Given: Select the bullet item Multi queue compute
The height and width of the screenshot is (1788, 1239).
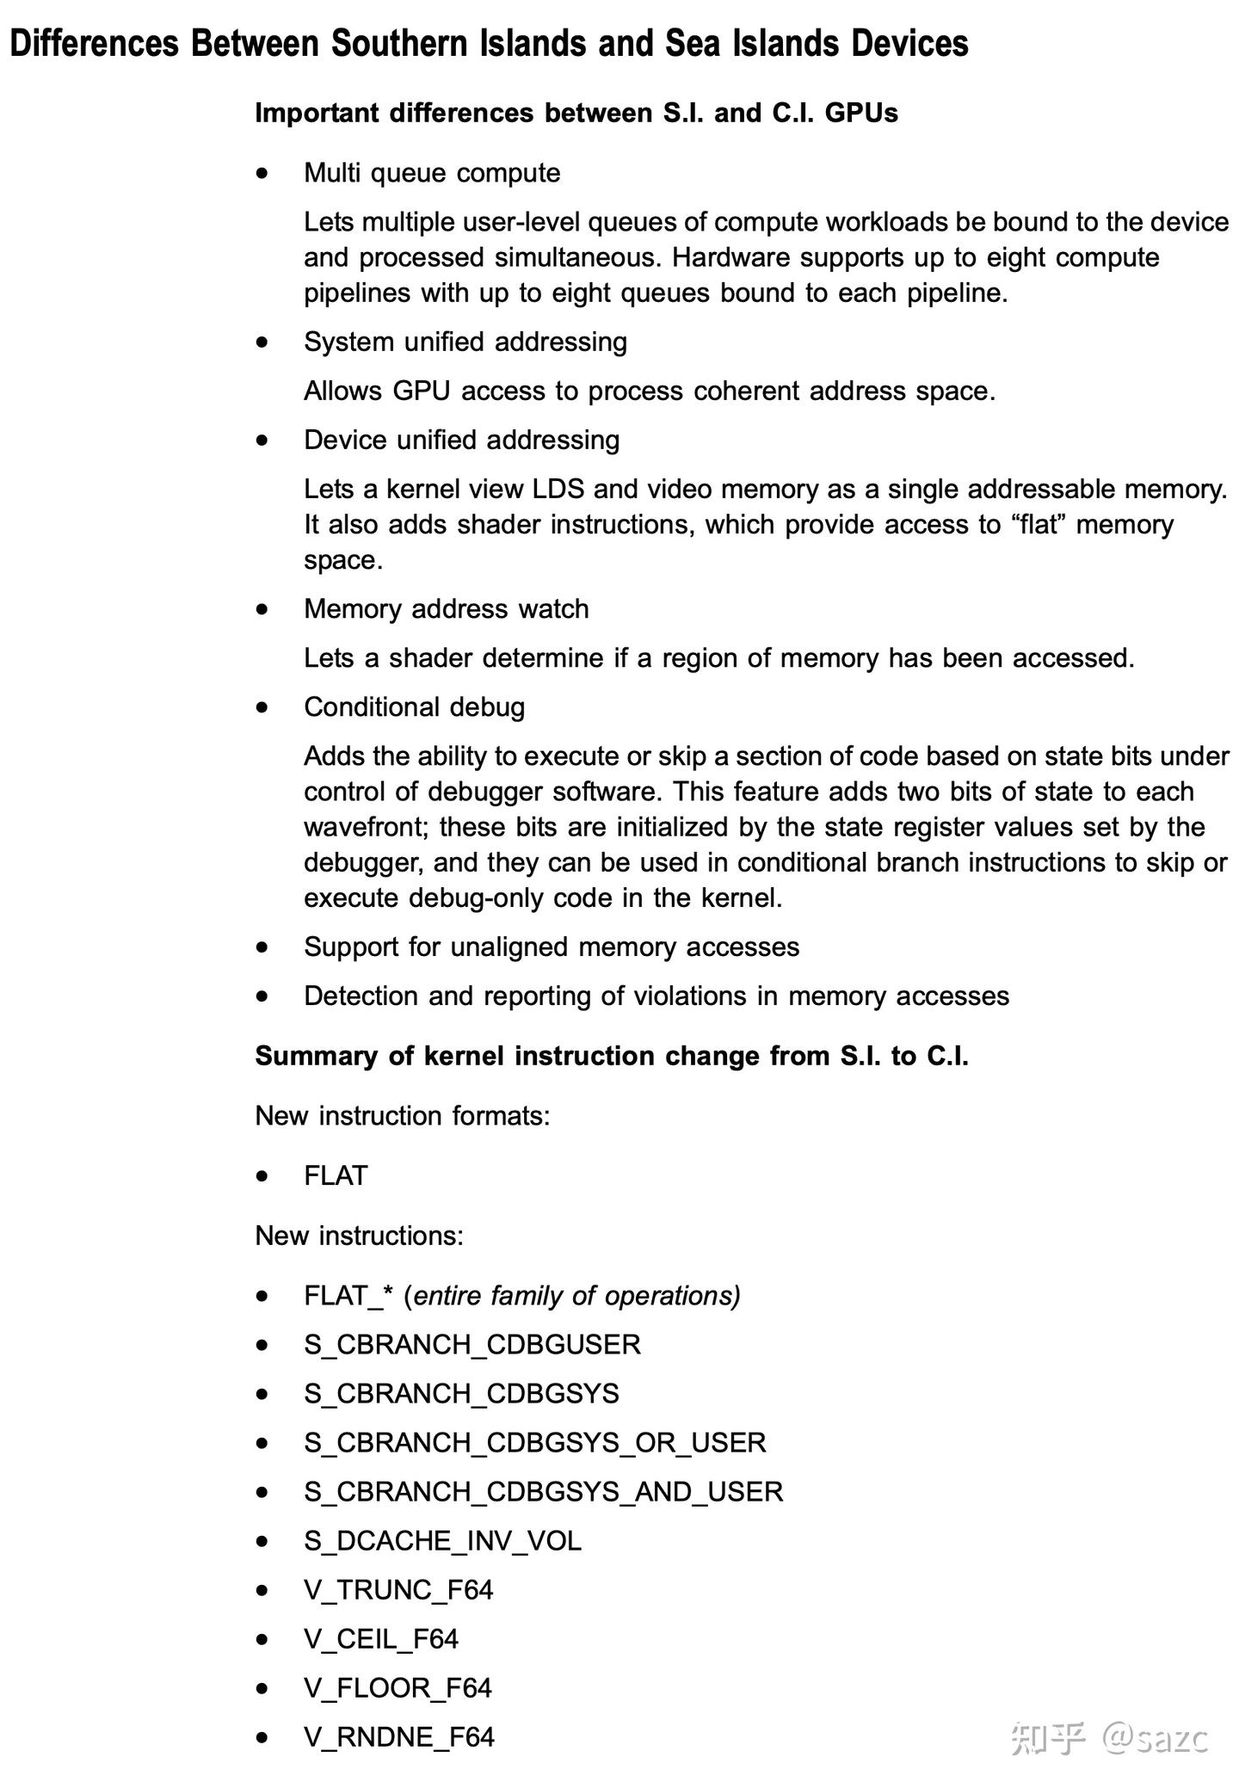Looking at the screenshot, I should [x=432, y=173].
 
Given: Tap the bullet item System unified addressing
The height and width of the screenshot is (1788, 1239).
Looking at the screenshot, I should [x=465, y=342].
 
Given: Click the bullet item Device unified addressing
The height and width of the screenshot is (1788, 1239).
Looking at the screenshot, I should [x=461, y=440].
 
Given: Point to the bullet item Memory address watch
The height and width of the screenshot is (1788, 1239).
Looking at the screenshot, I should [x=446, y=609].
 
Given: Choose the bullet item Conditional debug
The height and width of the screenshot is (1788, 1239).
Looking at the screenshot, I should [x=414, y=707].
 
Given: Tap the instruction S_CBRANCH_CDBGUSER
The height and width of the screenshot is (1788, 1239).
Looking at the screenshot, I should [x=472, y=1345].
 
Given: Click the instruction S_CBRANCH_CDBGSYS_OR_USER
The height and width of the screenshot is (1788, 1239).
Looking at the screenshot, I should [x=534, y=1443].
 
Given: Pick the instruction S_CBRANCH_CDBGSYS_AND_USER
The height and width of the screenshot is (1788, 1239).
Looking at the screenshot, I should [x=543, y=1492].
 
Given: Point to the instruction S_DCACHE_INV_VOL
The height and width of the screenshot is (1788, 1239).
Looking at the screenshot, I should [x=442, y=1541].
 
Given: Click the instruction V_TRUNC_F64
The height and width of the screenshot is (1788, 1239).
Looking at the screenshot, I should [x=398, y=1590].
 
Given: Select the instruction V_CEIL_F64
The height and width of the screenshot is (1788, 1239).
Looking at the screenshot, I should [x=380, y=1639].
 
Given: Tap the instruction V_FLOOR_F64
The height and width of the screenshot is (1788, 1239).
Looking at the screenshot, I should [x=398, y=1688].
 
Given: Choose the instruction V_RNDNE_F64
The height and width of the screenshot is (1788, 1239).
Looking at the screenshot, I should [x=399, y=1737].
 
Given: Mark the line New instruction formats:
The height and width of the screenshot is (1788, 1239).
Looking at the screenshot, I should [x=402, y=1116].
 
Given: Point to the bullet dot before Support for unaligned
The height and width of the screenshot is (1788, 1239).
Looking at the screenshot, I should [x=262, y=947].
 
